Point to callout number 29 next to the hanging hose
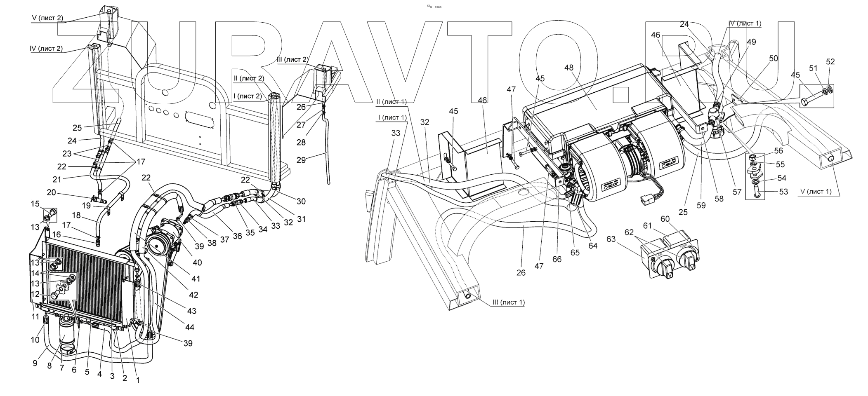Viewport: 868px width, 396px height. click(x=301, y=159)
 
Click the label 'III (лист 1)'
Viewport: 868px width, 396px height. click(x=508, y=302)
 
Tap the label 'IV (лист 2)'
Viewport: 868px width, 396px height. click(x=45, y=49)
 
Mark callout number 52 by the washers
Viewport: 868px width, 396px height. click(x=830, y=62)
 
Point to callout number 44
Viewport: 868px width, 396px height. click(x=189, y=327)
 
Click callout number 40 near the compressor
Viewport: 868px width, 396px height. click(x=197, y=262)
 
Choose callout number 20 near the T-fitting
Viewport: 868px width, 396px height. click(x=51, y=192)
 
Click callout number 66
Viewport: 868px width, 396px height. click(x=557, y=259)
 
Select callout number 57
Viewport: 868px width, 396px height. click(x=737, y=192)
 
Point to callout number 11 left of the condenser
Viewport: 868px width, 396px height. click(x=35, y=316)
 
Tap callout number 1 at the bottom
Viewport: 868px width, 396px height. click(x=137, y=381)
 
